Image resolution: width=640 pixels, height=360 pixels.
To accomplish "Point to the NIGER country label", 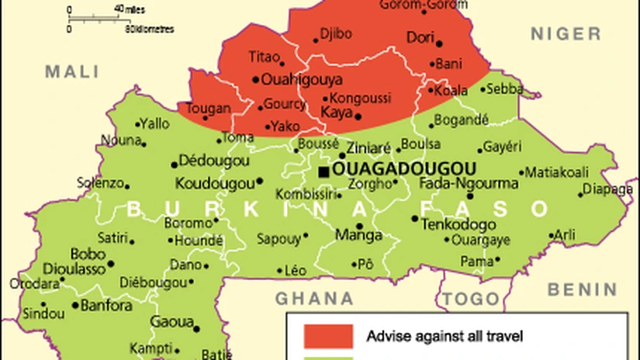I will [565, 34].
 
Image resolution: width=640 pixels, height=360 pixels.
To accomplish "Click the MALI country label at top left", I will [72, 72].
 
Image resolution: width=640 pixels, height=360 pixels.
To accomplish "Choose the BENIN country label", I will [582, 289].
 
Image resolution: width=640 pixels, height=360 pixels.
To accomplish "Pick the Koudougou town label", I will [214, 184].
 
